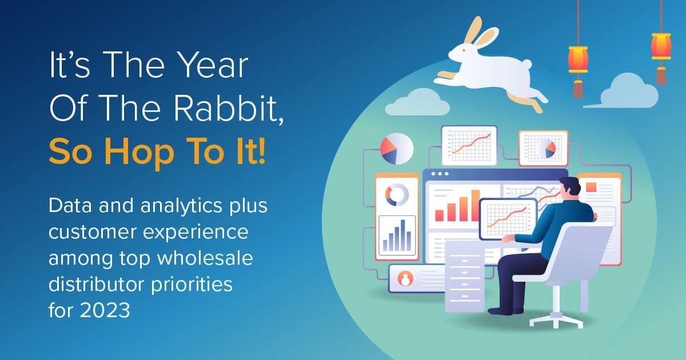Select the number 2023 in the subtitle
click(x=105, y=310)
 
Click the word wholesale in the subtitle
click(x=205, y=258)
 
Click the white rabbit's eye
click(x=464, y=50)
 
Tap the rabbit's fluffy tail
click(x=527, y=64)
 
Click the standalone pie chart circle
click(x=397, y=149)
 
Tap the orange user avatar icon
click(x=405, y=279)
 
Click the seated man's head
click(x=569, y=187)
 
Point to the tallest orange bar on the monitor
click(x=475, y=205)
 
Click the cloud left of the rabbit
click(x=418, y=103)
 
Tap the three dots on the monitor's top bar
click(x=440, y=174)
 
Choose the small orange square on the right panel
click(x=591, y=187)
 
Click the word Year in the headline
click(x=213, y=65)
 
